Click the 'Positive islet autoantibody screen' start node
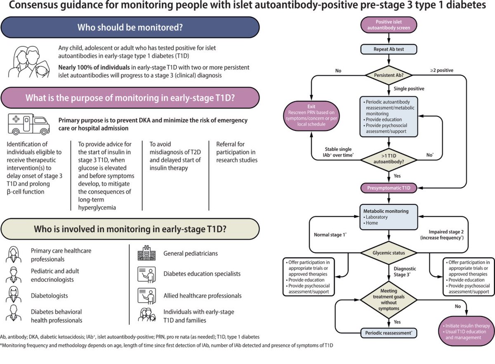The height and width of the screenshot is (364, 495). pyautogui.click(x=387, y=25)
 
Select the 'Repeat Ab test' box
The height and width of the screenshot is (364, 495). pyautogui.click(x=387, y=49)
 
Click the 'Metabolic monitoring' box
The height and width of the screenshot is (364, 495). pyautogui.click(x=387, y=217)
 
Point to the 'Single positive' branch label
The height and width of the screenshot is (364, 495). pyautogui.click(x=408, y=89)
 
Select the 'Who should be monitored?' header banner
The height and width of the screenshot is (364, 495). pyautogui.click(x=130, y=28)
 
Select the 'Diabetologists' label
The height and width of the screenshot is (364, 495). pyautogui.click(x=49, y=296)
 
